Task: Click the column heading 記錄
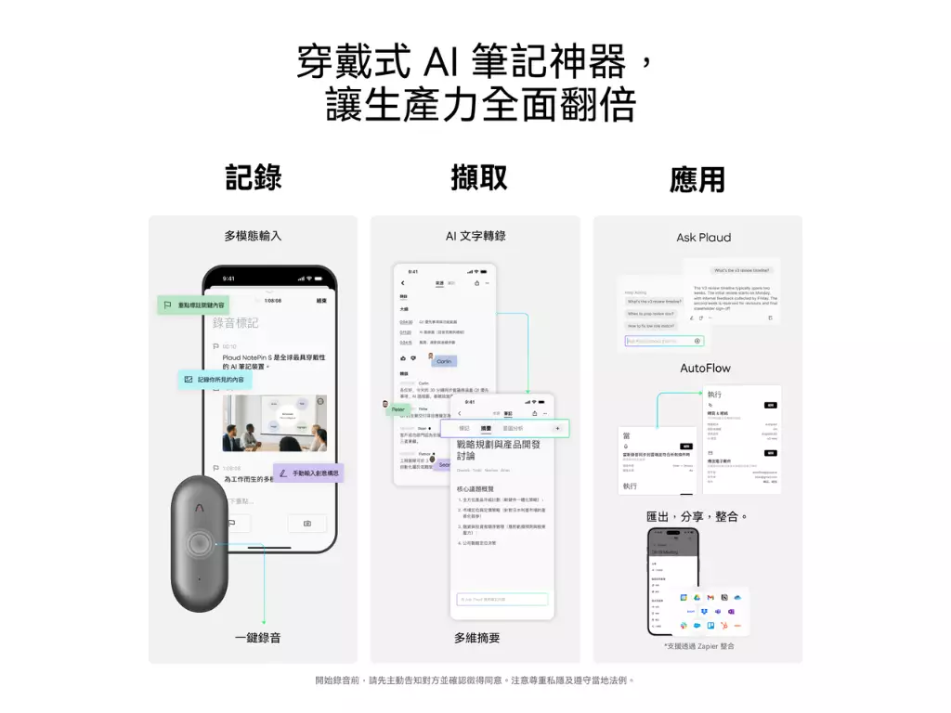click(x=253, y=177)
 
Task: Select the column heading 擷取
click(x=478, y=177)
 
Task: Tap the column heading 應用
click(x=697, y=179)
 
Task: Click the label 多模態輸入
click(x=253, y=236)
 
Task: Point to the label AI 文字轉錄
click(x=475, y=236)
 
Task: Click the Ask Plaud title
click(x=703, y=238)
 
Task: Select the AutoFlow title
click(x=705, y=369)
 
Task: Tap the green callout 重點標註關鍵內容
click(x=192, y=305)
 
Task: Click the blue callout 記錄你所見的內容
click(x=215, y=380)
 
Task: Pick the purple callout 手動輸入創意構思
click(x=309, y=473)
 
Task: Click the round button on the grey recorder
click(x=199, y=543)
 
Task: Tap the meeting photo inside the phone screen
click(x=274, y=422)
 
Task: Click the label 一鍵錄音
click(x=257, y=638)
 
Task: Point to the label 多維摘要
click(x=477, y=638)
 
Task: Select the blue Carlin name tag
click(x=443, y=362)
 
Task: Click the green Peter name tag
click(x=397, y=408)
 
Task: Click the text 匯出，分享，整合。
click(x=697, y=516)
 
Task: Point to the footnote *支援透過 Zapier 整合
click(x=698, y=645)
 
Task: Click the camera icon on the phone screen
click(x=307, y=524)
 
